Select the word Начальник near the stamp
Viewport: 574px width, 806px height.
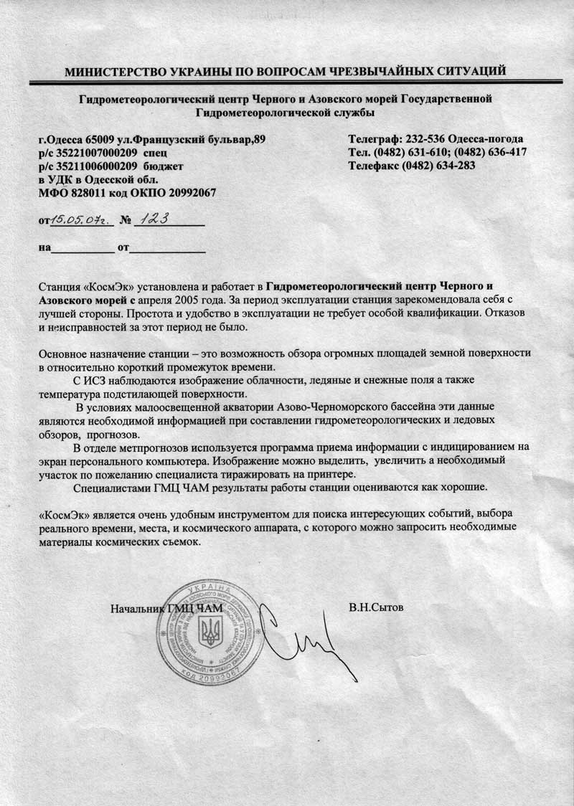pyautogui.click(x=137, y=610)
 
